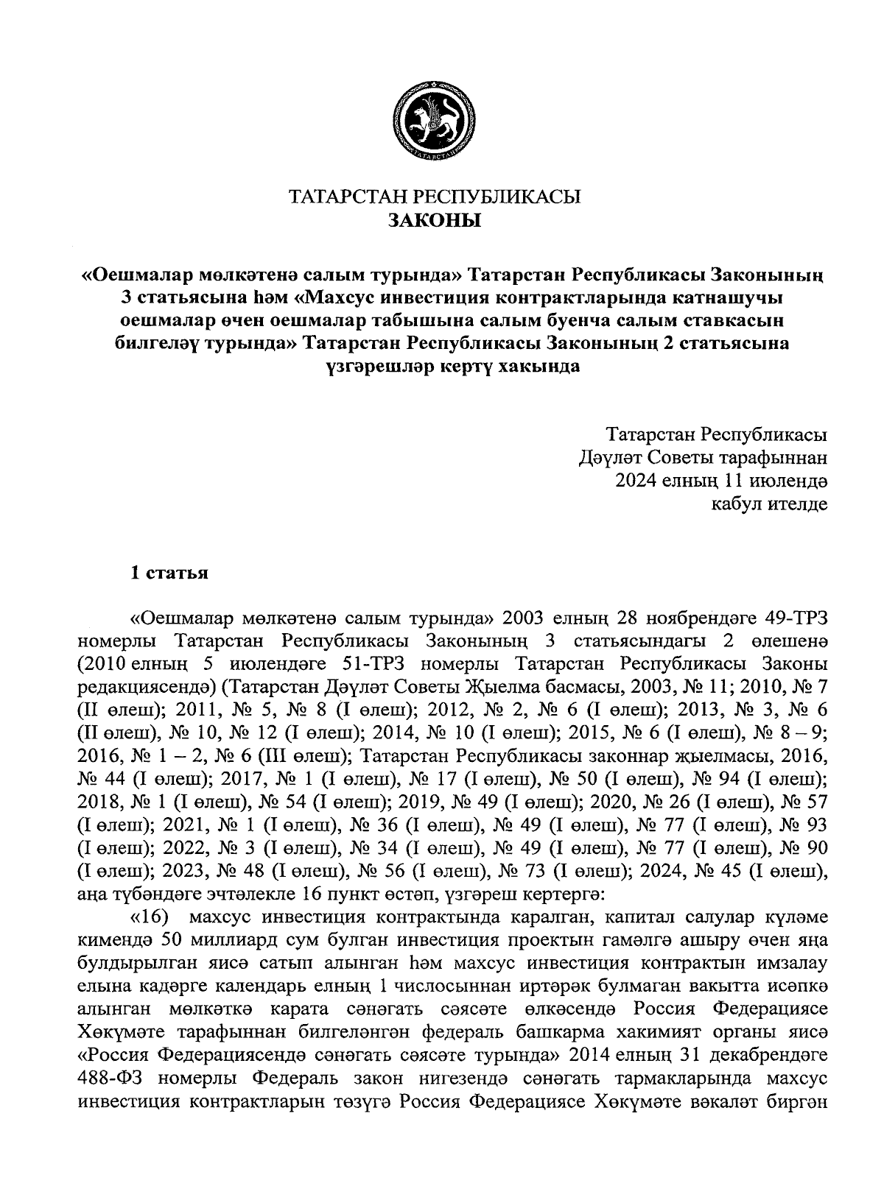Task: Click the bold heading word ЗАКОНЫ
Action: [435, 220]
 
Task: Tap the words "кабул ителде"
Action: [768, 504]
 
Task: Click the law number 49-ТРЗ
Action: [790, 616]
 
